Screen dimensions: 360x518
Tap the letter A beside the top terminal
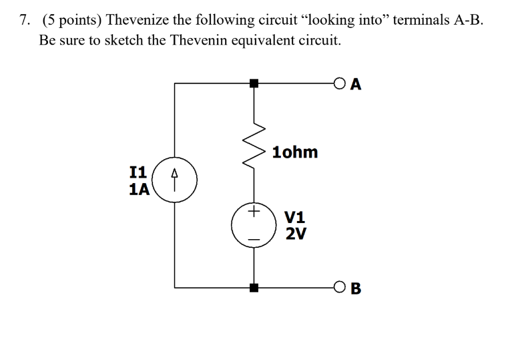pos(356,84)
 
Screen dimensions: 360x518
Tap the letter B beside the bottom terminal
pos(356,289)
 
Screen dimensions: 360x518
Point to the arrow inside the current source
pos(175,179)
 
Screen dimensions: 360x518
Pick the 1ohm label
pos(294,152)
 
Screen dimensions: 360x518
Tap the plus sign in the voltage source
pos(253,212)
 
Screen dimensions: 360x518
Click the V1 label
pos(294,217)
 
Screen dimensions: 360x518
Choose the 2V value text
pos(294,233)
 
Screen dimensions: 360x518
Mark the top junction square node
pos(254,84)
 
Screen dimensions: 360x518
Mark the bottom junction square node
pos(254,289)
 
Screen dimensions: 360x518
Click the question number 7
pos(24,20)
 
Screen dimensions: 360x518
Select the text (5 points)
pos(71,20)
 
